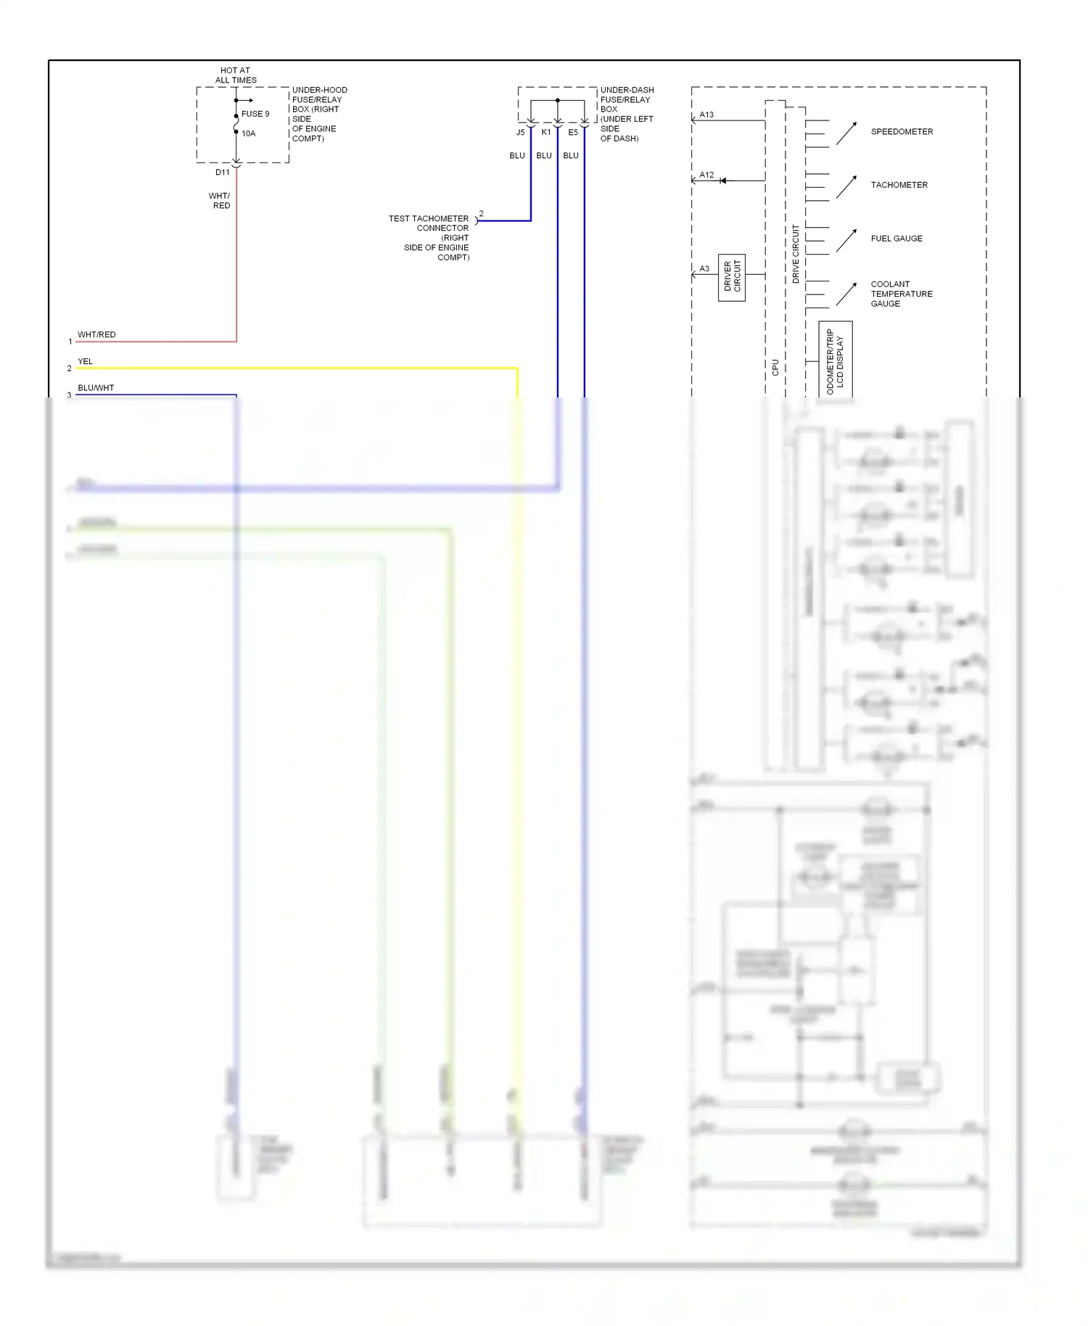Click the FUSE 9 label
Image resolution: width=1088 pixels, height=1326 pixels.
[255, 114]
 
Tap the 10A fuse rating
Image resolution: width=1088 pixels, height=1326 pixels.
[249, 133]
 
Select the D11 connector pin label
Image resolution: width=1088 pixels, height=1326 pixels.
[222, 173]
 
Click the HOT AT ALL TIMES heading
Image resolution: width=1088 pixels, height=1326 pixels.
[236, 75]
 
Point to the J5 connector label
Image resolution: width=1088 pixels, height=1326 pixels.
[520, 133]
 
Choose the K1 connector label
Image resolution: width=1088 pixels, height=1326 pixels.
[546, 133]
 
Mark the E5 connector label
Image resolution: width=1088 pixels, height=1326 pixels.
[573, 133]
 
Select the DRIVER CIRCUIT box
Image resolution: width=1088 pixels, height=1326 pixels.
[732, 277]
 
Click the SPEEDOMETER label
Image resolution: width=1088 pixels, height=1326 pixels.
[902, 132]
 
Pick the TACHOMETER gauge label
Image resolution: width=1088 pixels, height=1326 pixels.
[899, 185]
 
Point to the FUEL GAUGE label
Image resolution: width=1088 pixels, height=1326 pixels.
[897, 239]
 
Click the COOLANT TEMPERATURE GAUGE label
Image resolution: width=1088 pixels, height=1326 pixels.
[901, 294]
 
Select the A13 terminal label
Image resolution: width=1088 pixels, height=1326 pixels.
[706, 115]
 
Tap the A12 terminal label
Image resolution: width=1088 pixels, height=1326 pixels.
[706, 175]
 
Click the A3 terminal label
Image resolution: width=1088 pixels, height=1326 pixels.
[704, 268]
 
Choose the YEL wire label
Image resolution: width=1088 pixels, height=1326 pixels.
[85, 361]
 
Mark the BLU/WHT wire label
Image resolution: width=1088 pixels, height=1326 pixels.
[96, 388]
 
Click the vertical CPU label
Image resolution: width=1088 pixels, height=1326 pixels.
[775, 367]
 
